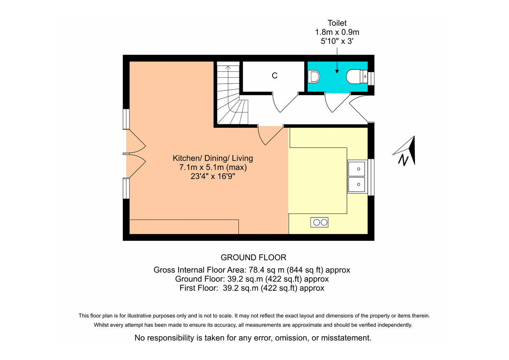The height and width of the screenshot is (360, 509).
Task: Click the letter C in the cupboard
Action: pos(274,76)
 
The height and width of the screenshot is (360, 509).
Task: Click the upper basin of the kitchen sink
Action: pos(358,169)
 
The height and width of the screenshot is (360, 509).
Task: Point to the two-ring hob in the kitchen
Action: pos(319,222)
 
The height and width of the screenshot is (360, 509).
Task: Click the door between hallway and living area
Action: pos(270,136)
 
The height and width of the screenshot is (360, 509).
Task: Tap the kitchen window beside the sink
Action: pos(371,177)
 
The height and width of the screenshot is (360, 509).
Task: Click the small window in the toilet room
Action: pos(371,79)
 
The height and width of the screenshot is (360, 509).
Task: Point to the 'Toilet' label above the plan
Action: pos(337,23)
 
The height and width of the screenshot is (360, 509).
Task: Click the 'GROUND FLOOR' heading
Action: pos(254,257)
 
